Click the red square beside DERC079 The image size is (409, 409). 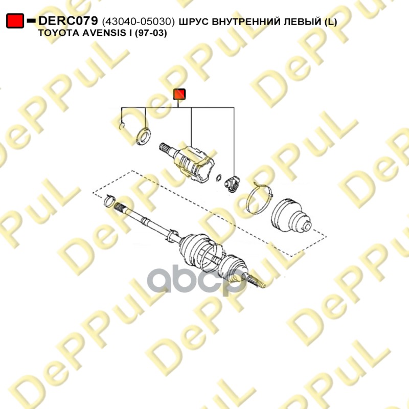[15, 20]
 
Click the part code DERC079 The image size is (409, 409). [68, 20]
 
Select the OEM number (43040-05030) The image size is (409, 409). [138, 21]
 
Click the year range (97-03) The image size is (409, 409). [150, 33]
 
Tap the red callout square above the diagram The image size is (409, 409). [179, 94]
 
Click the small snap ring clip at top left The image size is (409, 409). [122, 126]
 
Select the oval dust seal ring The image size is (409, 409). [144, 136]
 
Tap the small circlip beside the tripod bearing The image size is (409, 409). [219, 178]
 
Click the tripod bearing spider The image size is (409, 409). [232, 184]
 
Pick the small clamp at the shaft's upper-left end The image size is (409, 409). [109, 200]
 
